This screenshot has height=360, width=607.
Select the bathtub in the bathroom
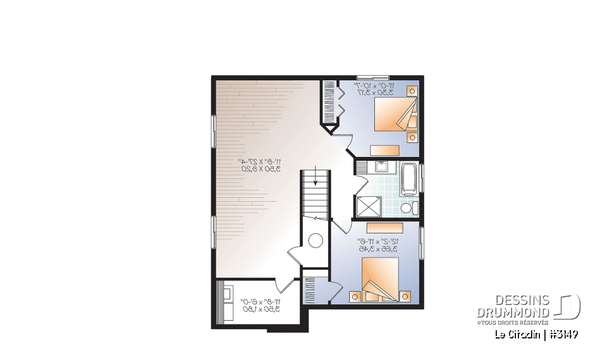click(410, 178)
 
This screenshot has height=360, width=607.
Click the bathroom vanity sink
click(381, 167)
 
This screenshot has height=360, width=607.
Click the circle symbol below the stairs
click(316, 240)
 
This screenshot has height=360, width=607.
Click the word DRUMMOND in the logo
click(513, 313)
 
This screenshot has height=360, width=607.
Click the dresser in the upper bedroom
click(384, 150)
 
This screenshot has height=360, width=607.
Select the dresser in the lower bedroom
click(384, 227)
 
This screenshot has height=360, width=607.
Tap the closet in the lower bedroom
click(314, 288)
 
